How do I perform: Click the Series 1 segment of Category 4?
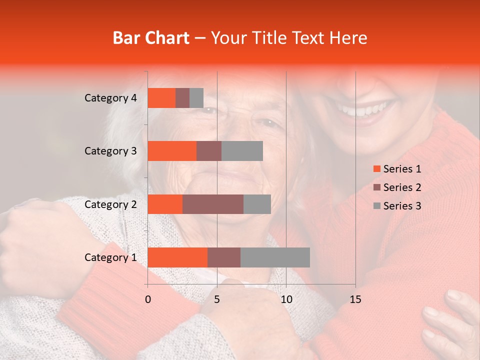[161, 98]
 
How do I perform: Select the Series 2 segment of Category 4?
[182, 98]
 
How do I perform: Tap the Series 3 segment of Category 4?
[196, 98]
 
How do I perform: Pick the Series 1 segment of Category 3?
[172, 151]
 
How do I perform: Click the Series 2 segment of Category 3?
[209, 151]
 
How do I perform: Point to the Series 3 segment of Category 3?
[242, 151]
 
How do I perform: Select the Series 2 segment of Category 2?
[213, 204]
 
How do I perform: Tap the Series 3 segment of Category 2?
[257, 204]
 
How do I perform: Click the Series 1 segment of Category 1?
[177, 257]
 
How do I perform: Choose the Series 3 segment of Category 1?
[275, 257]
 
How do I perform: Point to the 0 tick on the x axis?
[148, 299]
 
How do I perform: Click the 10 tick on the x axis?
[286, 299]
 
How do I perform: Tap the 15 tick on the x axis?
[355, 299]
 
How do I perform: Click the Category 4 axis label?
[110, 98]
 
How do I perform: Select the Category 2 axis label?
[110, 204]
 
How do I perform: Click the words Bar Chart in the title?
[151, 38]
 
